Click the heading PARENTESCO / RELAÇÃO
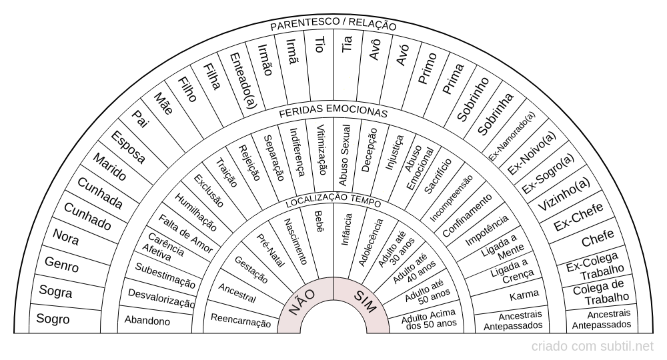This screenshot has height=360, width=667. [333, 26]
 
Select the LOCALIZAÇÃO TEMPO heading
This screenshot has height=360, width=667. [333, 201]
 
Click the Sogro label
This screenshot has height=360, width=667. [53, 319]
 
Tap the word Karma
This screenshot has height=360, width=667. [524, 295]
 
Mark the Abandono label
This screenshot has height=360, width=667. [147, 321]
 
